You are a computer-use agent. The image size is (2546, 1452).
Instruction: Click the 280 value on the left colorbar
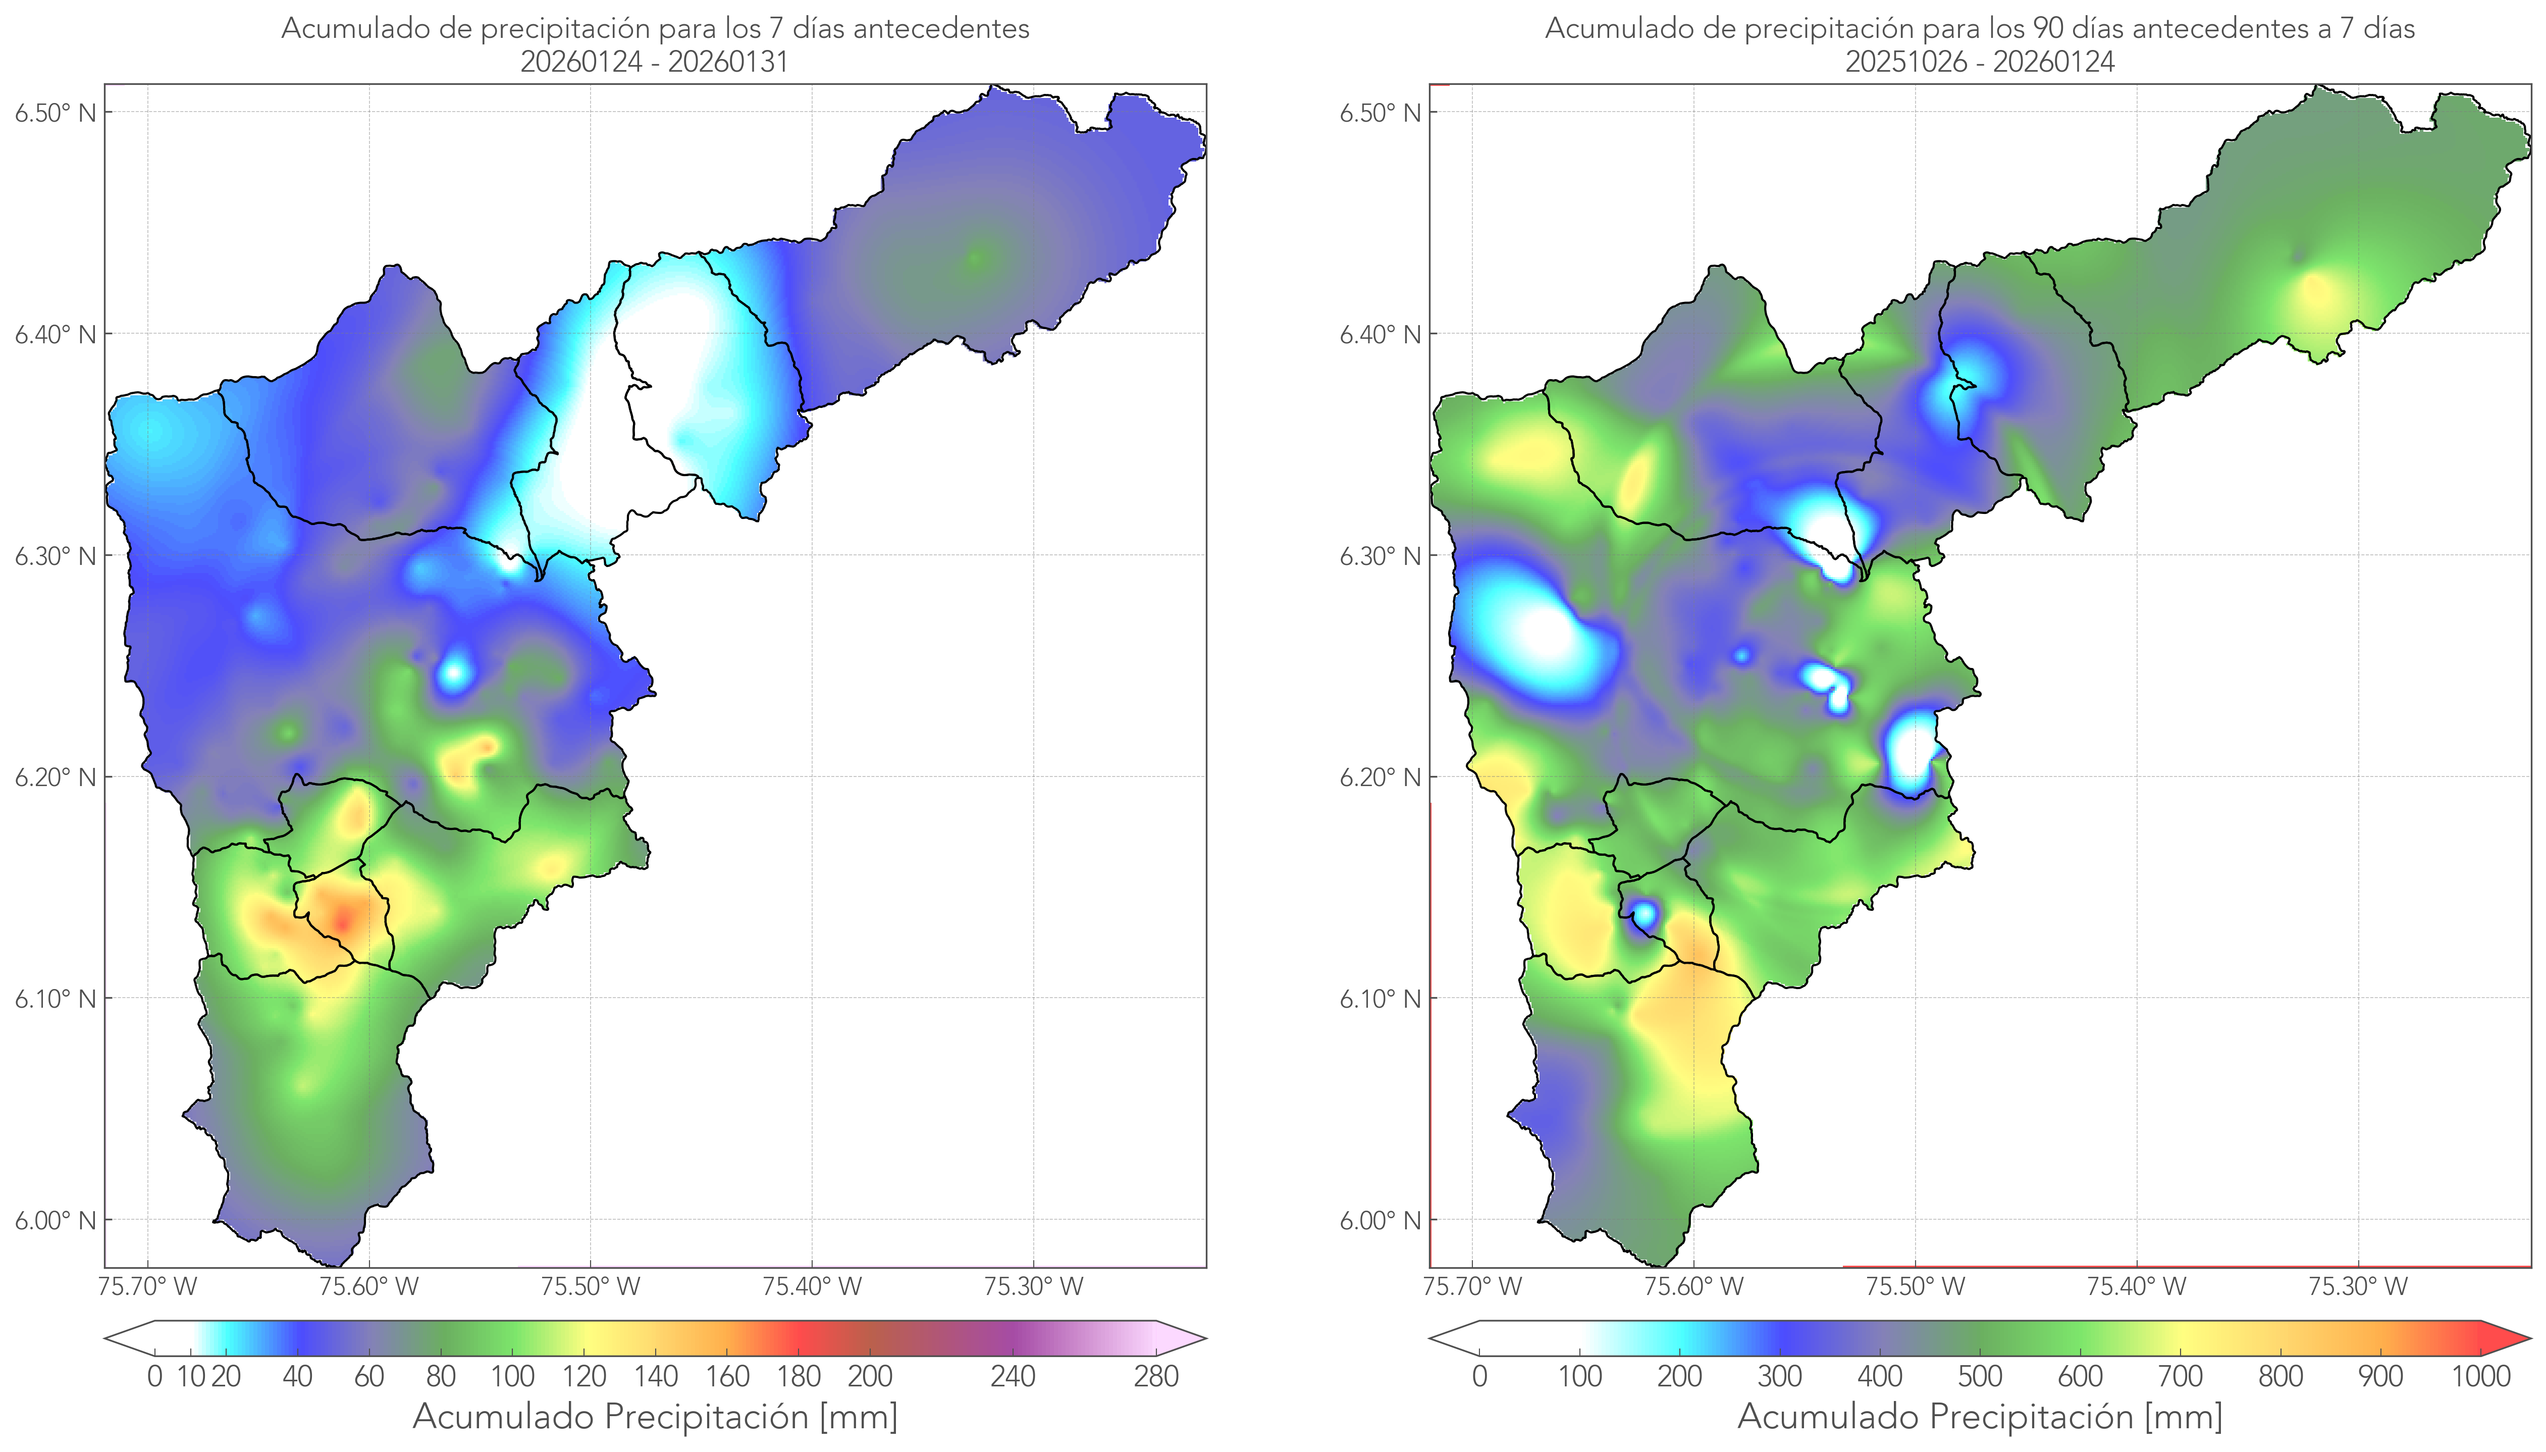click(x=1156, y=1376)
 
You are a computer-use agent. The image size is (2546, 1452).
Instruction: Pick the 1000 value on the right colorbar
click(x=2480, y=1376)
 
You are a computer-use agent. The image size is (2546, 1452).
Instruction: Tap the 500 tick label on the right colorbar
click(x=1980, y=1376)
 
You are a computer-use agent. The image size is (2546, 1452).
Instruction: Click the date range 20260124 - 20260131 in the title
click(x=655, y=62)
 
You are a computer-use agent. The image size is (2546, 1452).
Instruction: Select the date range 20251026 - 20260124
click(x=1980, y=62)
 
